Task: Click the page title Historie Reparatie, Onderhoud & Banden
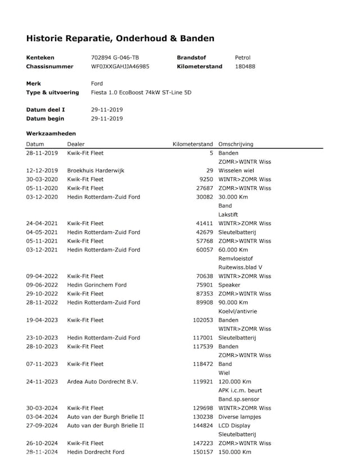click(x=120, y=38)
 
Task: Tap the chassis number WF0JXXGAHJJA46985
click(x=120, y=66)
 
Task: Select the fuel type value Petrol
click(x=242, y=57)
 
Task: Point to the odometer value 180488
click(x=245, y=66)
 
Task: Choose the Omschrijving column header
click(x=236, y=145)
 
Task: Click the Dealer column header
click(x=76, y=145)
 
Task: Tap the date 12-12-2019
click(x=42, y=171)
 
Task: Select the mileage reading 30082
click(x=205, y=197)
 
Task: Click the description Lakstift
click(x=228, y=214)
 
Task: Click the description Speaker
click(x=229, y=285)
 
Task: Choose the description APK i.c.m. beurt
click(x=240, y=390)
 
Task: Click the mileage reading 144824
click(x=203, y=425)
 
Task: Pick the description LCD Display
click(x=235, y=425)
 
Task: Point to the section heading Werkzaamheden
click(x=51, y=134)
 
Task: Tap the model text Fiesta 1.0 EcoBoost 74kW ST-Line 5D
click(x=141, y=92)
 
